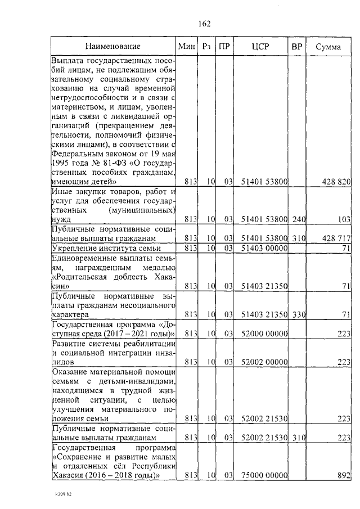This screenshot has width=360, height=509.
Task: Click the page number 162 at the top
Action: coord(204,23)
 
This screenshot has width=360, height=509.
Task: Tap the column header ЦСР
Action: coord(261,47)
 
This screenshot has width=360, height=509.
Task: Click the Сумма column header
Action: coord(328,47)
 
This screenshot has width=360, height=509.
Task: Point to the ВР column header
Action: coord(296,47)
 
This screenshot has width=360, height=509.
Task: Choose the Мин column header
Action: coord(186,47)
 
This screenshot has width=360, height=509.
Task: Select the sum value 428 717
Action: coord(337,238)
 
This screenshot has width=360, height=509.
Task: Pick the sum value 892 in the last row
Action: coord(344,475)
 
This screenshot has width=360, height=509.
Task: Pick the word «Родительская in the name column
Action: coord(78,276)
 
